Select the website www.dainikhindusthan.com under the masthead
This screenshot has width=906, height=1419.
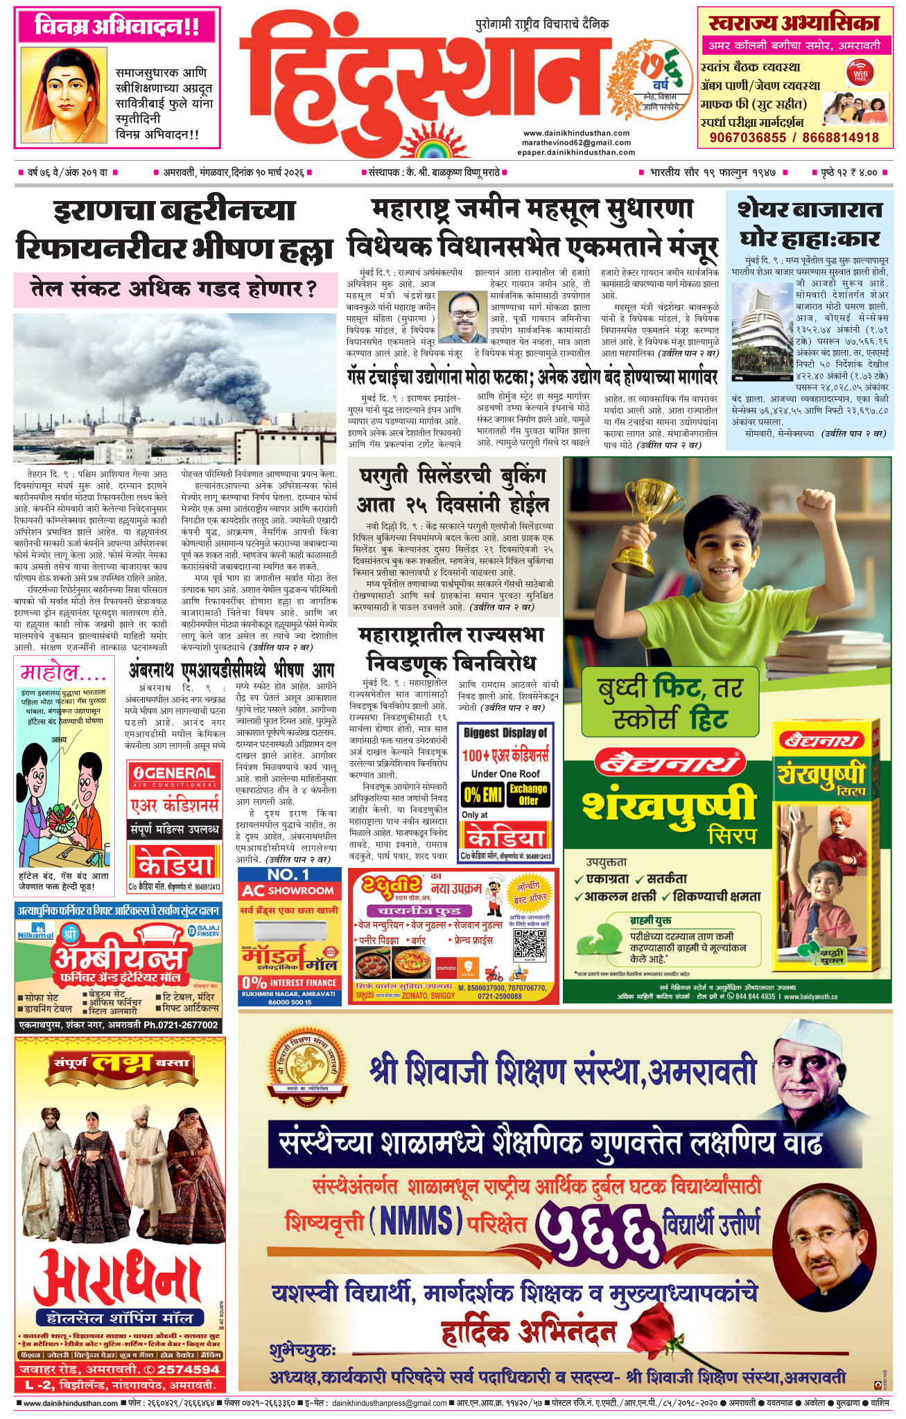tap(576, 133)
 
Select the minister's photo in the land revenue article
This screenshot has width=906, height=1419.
tap(462, 317)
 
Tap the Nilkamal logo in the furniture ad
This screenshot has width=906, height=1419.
tap(35, 934)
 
